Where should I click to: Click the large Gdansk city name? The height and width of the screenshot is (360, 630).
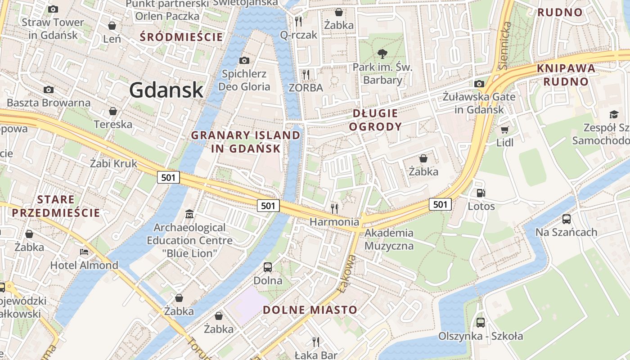[x=166, y=90]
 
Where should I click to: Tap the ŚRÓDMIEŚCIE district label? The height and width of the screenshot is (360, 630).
[x=181, y=37]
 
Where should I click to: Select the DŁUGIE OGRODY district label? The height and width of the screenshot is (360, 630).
[x=375, y=120]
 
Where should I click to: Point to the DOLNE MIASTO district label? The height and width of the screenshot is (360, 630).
[x=310, y=310]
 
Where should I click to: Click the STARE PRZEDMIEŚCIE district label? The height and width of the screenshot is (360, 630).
[x=56, y=206]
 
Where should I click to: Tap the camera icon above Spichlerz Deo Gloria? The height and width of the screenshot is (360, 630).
[x=244, y=60]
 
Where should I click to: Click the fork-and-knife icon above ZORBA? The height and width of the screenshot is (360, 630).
[x=306, y=74]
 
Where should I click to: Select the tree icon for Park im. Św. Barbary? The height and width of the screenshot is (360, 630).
[x=382, y=54]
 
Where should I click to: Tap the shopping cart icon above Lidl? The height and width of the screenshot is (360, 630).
[x=504, y=130]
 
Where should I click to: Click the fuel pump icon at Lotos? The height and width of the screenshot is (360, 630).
[x=481, y=193]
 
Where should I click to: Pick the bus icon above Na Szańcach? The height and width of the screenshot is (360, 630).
[x=566, y=219]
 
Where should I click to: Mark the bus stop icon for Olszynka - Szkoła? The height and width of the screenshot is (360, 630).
[x=481, y=323]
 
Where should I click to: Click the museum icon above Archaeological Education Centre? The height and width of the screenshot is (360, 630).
[x=189, y=214]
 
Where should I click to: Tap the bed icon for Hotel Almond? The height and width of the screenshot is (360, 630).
[x=84, y=252]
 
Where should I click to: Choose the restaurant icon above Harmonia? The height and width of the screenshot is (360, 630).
[x=334, y=208]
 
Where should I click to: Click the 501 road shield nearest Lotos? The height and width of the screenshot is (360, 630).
[x=440, y=204]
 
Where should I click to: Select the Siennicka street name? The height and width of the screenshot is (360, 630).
[x=504, y=45]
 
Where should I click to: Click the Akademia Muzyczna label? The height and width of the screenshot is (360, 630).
[x=389, y=239]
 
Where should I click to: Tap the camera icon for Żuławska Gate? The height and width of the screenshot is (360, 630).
[x=479, y=84]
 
